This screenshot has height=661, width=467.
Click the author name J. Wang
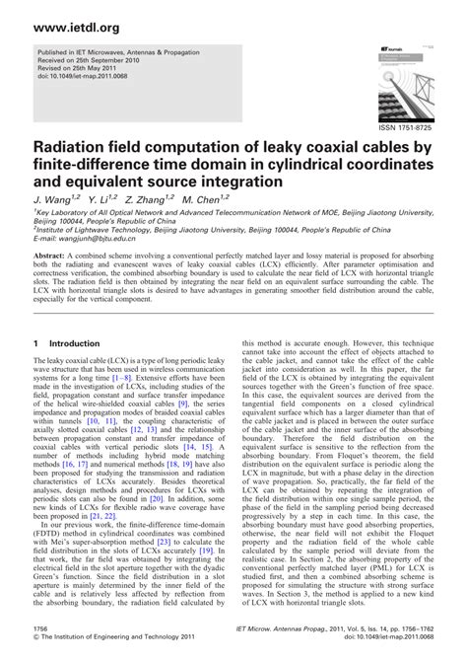point(52,199)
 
